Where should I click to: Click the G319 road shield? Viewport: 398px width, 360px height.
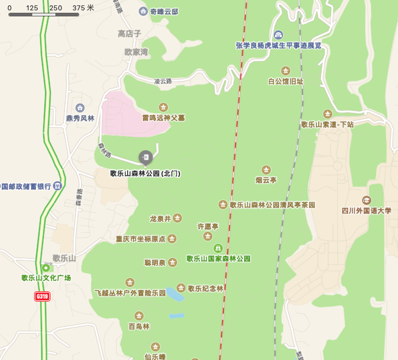(x=42, y=297)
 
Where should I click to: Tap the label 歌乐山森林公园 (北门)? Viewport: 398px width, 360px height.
(x=145, y=173)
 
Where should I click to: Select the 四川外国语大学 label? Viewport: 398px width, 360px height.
(x=366, y=211)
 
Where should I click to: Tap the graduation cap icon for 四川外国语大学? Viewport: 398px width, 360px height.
(x=366, y=200)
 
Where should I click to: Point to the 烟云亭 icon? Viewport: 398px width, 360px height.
(x=266, y=170)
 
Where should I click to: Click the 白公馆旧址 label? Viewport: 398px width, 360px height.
(x=285, y=81)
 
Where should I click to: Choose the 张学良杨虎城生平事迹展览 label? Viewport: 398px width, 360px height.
(x=279, y=46)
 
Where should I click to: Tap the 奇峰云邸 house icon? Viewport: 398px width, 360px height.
(x=143, y=12)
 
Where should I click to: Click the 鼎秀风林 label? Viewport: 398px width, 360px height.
(x=80, y=119)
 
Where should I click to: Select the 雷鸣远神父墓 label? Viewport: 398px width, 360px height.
(x=163, y=118)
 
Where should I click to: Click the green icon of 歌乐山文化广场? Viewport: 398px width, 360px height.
(x=46, y=268)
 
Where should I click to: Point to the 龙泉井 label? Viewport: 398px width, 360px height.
(x=161, y=218)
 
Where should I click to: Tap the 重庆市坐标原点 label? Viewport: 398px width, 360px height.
(x=141, y=239)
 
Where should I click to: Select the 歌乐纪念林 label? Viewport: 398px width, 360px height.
(x=205, y=288)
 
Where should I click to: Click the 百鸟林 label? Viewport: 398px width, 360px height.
(x=139, y=327)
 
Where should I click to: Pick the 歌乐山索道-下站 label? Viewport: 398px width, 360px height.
(x=327, y=124)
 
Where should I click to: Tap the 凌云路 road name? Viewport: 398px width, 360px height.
(x=162, y=81)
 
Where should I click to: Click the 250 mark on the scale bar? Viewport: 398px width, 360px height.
(x=55, y=7)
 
